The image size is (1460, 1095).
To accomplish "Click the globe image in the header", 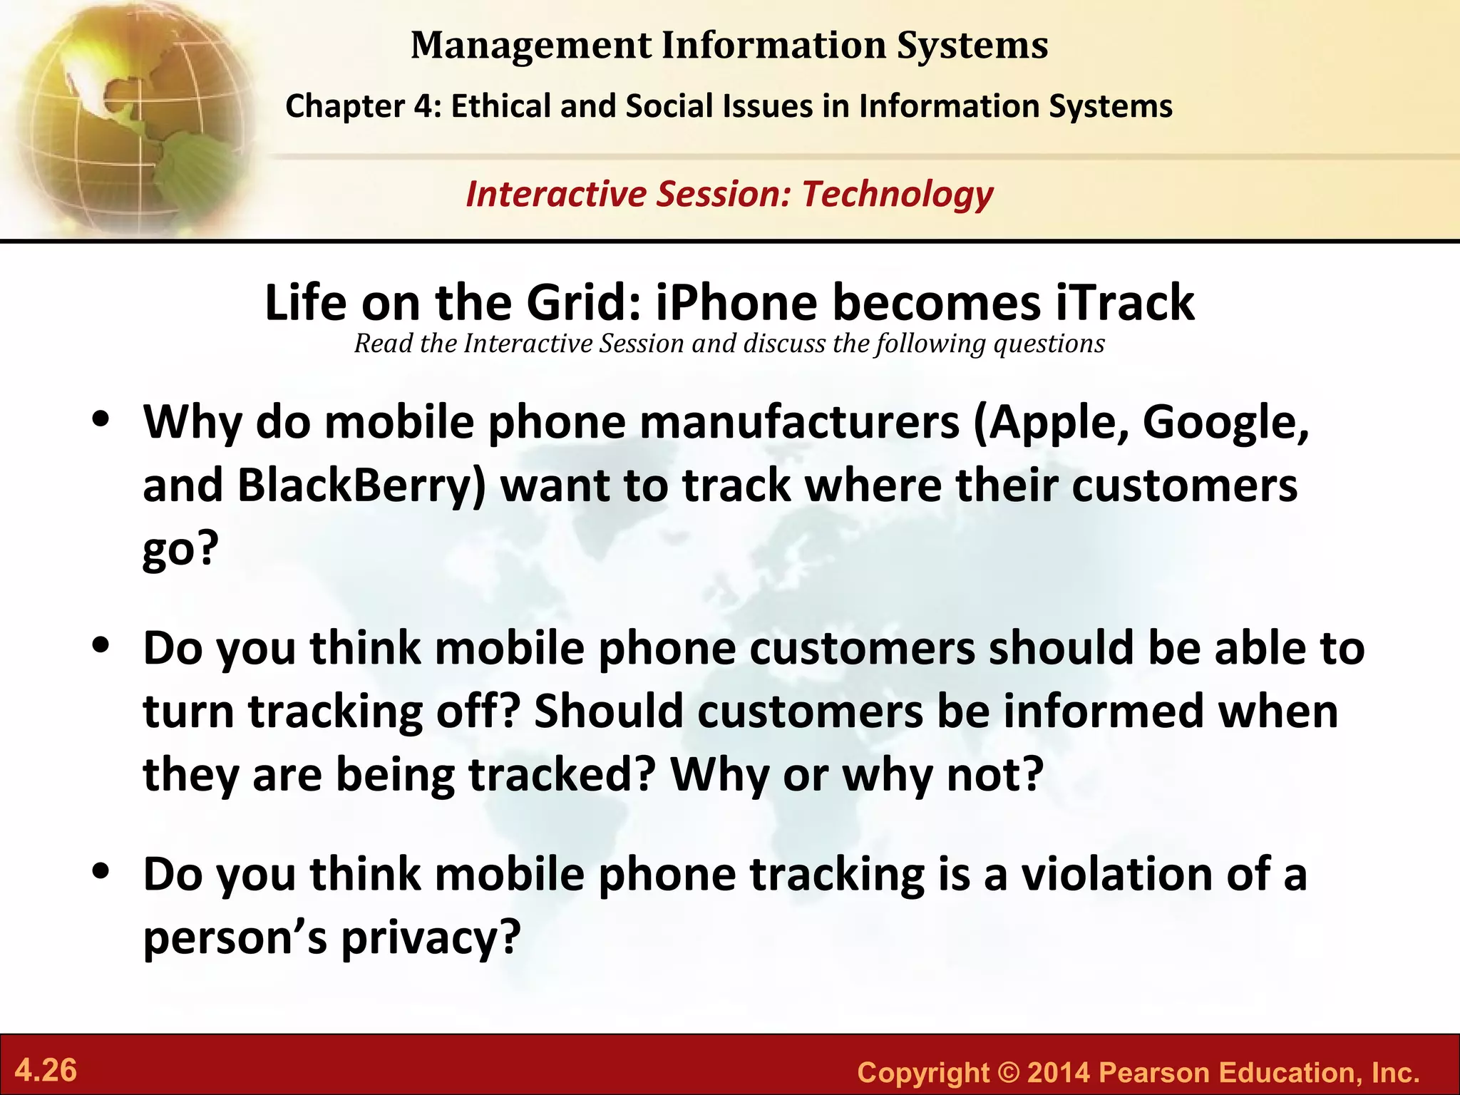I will tap(128, 118).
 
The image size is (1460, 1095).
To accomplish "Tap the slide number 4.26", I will tap(46, 1071).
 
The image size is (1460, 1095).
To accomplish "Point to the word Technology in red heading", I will tap(898, 194).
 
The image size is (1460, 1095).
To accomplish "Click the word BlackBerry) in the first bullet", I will tap(361, 486).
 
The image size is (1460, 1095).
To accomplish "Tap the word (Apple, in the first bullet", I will tap(1052, 423).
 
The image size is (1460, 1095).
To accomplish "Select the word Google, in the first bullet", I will tap(1225, 423).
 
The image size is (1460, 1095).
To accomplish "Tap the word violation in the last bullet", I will tap(1116, 874).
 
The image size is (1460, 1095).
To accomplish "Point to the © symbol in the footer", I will tap(1008, 1072).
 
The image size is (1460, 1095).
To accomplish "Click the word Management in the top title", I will tap(531, 46).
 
